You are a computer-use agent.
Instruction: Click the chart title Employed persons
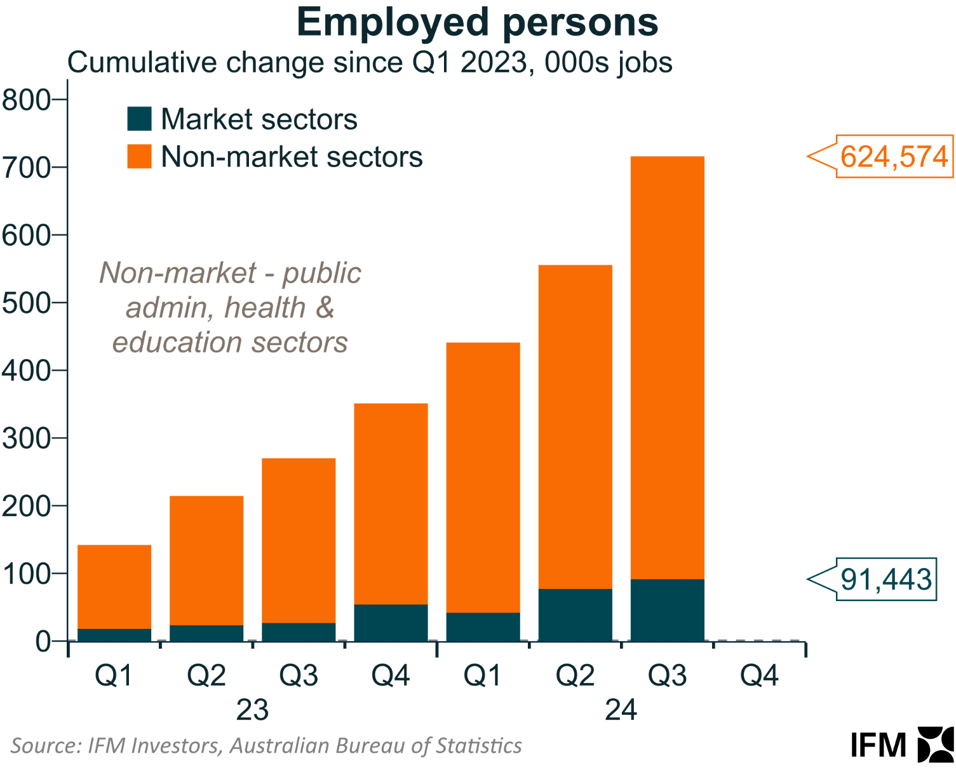tap(477, 22)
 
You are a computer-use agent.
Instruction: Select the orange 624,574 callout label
tap(894, 156)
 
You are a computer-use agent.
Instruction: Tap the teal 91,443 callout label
tap(886, 579)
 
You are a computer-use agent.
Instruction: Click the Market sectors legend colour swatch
tap(139, 119)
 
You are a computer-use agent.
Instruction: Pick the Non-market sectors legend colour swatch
tap(139, 156)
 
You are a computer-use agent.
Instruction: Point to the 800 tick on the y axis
tap(26, 100)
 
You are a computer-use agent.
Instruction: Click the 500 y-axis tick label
tap(26, 303)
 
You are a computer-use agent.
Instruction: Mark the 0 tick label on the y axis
tap(43, 642)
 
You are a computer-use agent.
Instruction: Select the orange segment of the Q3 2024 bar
tap(667, 368)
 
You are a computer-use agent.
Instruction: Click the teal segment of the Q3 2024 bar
tap(667, 610)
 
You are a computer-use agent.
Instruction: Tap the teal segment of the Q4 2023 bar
tap(391, 623)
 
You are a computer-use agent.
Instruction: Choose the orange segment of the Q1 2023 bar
tap(114, 586)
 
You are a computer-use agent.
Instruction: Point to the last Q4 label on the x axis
tap(759, 676)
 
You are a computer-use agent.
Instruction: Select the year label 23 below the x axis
tap(252, 710)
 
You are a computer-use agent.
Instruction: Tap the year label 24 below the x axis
tap(621, 710)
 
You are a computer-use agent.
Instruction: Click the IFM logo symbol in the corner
tap(936, 744)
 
